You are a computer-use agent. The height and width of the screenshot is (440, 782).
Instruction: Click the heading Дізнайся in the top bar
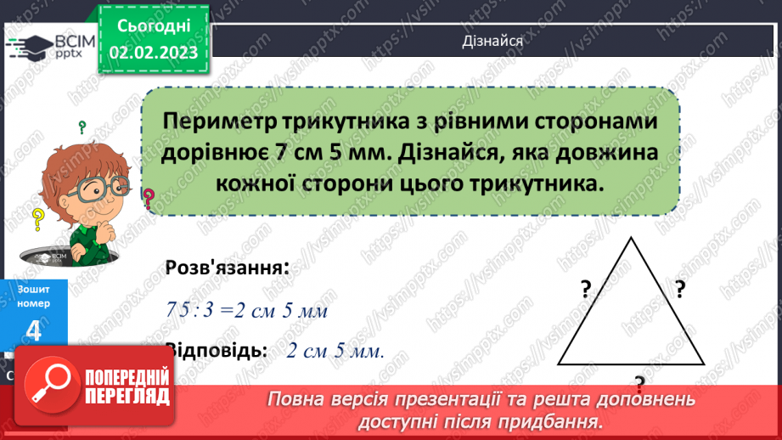point(492,40)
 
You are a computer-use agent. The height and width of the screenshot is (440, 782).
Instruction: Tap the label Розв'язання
point(226,268)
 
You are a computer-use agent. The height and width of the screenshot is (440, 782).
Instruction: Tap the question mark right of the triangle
point(679,291)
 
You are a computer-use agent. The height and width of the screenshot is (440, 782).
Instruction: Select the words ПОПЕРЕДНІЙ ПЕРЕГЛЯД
point(128,386)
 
